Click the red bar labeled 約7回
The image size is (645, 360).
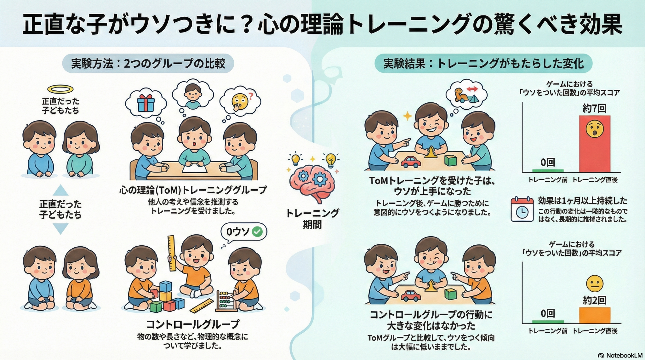[x=595, y=144]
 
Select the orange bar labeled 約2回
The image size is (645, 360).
[x=595, y=315]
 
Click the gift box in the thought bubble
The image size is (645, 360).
[x=146, y=103]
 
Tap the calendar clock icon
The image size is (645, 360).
[x=522, y=209]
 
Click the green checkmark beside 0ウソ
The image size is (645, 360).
[x=257, y=232]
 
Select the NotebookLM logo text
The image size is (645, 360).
[x=620, y=355]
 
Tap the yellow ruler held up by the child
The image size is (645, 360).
[x=172, y=253]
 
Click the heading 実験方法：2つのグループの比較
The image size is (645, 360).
[x=148, y=64]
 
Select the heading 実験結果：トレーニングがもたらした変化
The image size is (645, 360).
[x=483, y=64]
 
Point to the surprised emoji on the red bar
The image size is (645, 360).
[x=595, y=129]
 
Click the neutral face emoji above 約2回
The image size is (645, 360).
[x=595, y=284]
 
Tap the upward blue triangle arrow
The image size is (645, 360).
[x=60, y=190]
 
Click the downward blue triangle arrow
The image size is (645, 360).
[x=60, y=229]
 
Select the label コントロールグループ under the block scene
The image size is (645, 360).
[x=193, y=324]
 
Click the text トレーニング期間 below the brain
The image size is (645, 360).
[x=312, y=219]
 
